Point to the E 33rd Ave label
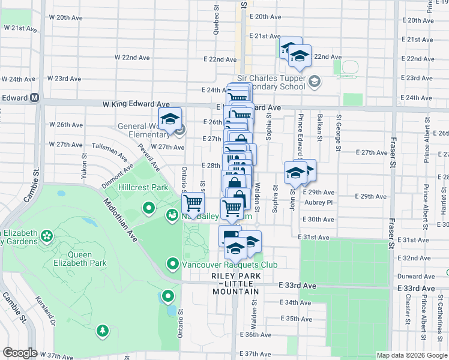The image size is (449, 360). pos(298,287)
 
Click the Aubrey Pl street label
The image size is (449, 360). pos(318,202)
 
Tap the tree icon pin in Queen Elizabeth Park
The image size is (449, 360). pos(103,331)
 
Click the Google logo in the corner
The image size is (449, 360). pos(20,353)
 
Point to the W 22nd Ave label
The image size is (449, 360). pos(132,58)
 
